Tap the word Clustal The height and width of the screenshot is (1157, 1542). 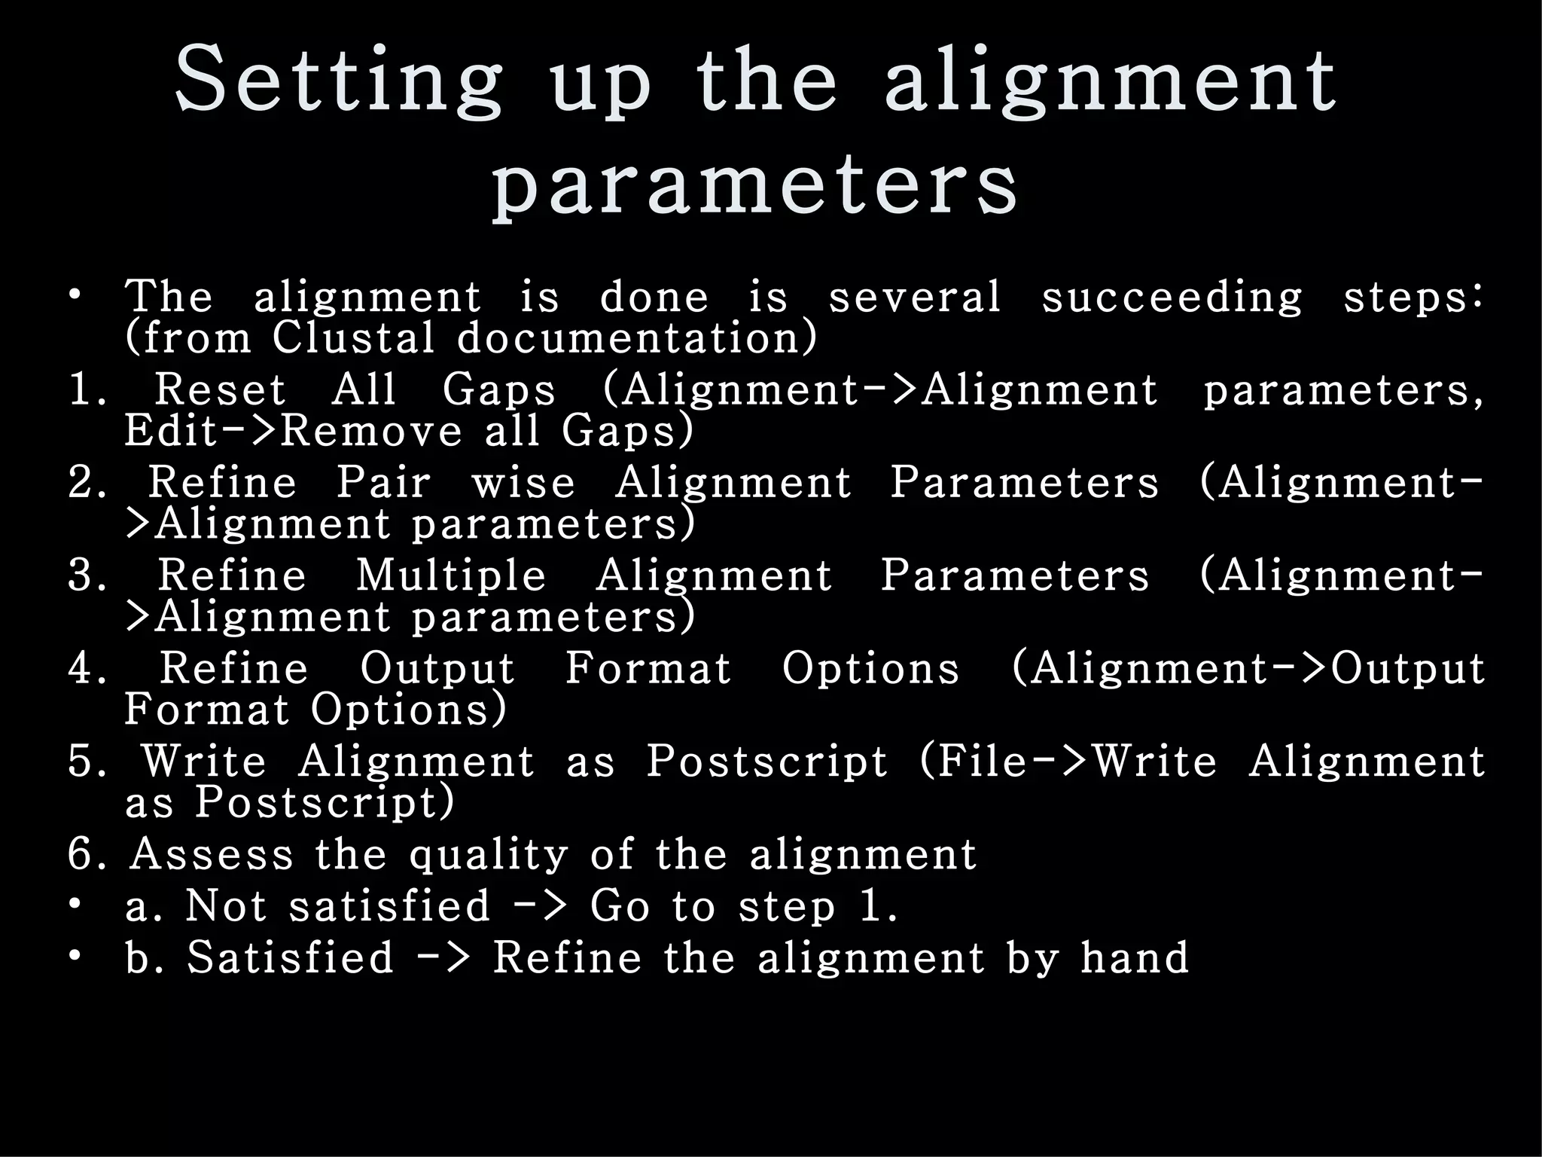(x=354, y=337)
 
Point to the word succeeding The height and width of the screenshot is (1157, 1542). (x=1172, y=297)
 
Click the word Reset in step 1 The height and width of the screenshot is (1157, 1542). (x=220, y=390)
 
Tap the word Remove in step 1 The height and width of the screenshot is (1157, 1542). (x=371, y=431)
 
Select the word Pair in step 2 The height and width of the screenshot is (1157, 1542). (x=383, y=482)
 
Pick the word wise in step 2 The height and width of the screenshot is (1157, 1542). (x=523, y=482)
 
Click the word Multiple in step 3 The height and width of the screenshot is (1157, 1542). (x=450, y=575)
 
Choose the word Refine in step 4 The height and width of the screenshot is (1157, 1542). (x=234, y=669)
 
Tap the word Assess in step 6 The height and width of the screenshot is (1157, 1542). (x=211, y=855)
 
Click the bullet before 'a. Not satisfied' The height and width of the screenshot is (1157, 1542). (x=74, y=905)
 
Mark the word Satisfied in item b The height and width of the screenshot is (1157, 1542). (x=290, y=957)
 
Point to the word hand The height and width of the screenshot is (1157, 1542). (x=1135, y=957)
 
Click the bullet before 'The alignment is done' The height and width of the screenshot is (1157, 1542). (x=74, y=295)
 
